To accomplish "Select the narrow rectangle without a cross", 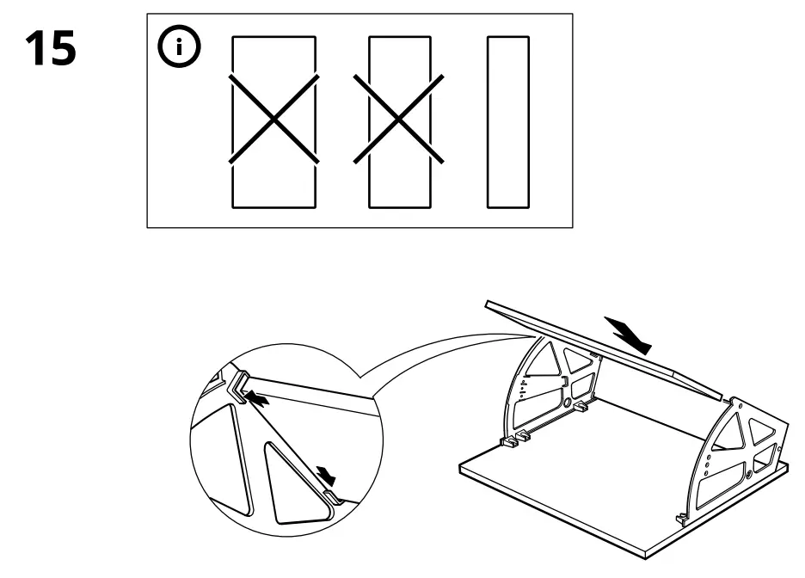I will click(507, 121).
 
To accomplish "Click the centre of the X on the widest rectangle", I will click(273, 119).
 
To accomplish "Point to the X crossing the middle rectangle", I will click(400, 119).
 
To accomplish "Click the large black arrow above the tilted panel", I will click(628, 333).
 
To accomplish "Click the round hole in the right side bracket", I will click(750, 472).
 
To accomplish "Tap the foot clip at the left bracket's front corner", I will click(510, 442).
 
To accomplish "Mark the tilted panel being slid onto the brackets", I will click(602, 344).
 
